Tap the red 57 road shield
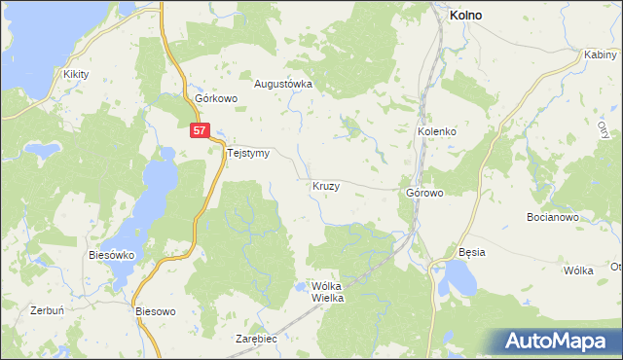pyautogui.click(x=200, y=129)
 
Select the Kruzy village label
pyautogui.click(x=326, y=185)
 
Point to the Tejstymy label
pyautogui.click(x=247, y=153)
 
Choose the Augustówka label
pyautogui.click(x=282, y=84)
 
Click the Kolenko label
pyautogui.click(x=437, y=131)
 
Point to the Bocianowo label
pyautogui.click(x=552, y=217)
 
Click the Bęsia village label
pyautogui.click(x=472, y=252)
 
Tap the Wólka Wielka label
pyautogui.click(x=327, y=292)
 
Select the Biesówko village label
pyautogui.click(x=110, y=255)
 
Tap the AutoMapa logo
pyautogui.click(x=559, y=342)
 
